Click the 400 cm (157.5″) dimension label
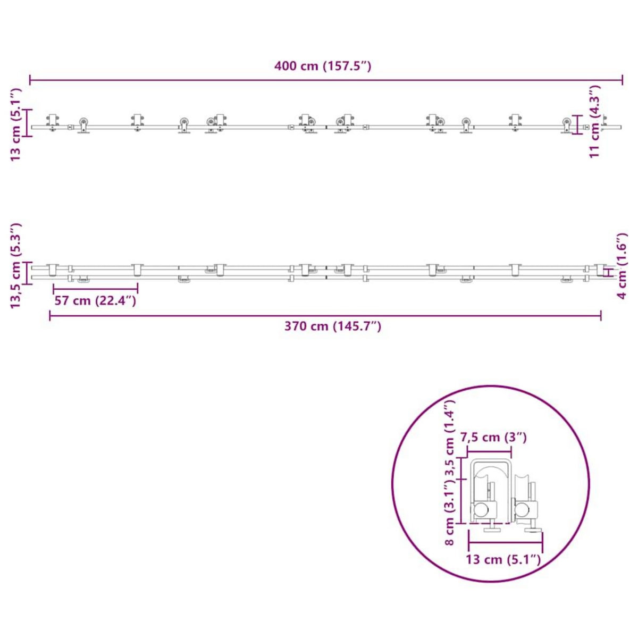point(323,66)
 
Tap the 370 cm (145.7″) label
point(332,326)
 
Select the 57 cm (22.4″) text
point(95,300)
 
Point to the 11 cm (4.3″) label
point(594,121)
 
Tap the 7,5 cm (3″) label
point(493,437)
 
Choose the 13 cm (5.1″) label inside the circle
point(503,559)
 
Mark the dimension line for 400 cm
point(326,80)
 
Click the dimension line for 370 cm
point(325,316)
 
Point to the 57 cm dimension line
point(96,289)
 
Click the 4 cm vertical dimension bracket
point(606,271)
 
